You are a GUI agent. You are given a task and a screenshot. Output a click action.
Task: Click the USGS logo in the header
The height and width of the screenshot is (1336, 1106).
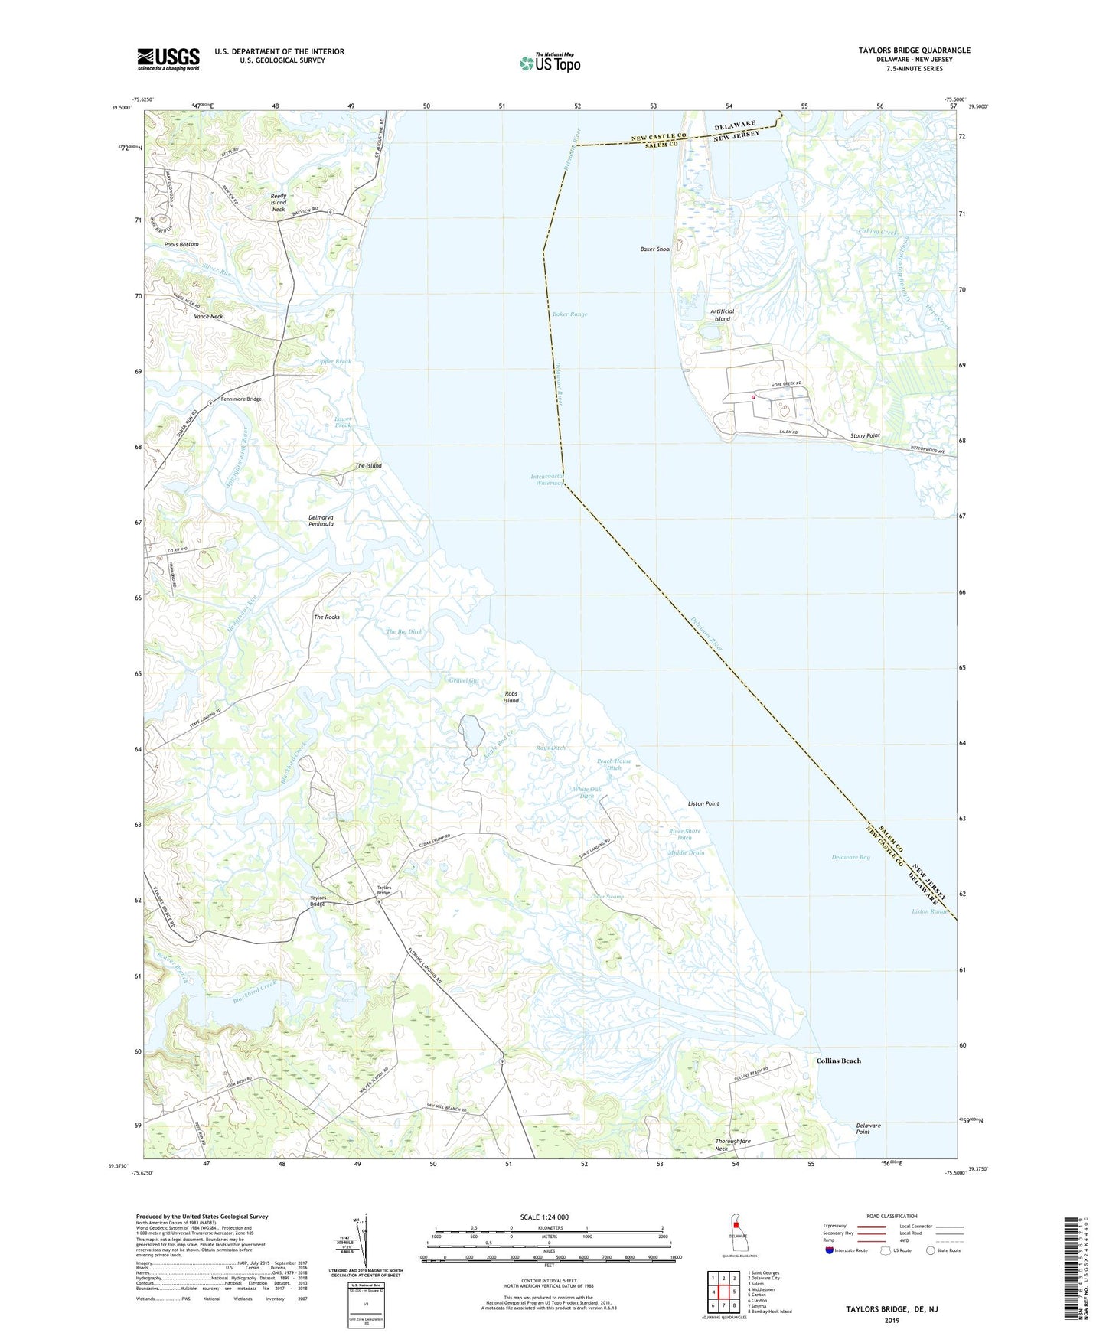tap(168, 59)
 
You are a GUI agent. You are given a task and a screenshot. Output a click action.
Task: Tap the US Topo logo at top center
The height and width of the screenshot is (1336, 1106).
tap(550, 62)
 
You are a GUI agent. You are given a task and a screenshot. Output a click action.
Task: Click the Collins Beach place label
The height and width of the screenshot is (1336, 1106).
tap(838, 1061)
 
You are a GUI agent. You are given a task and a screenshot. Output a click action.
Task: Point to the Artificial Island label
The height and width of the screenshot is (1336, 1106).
tap(722, 315)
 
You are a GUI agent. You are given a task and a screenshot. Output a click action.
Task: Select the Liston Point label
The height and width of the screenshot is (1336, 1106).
tap(703, 803)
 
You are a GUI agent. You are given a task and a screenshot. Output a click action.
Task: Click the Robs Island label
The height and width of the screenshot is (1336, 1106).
tap(511, 697)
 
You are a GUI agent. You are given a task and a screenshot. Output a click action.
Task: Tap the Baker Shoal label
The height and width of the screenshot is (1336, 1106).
tap(655, 249)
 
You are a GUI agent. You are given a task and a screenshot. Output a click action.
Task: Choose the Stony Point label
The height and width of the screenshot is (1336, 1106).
tap(865, 435)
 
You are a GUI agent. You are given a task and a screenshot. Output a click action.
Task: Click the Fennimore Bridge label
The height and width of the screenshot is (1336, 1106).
tap(241, 399)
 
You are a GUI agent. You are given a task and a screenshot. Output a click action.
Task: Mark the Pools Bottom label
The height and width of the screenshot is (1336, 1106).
tap(181, 244)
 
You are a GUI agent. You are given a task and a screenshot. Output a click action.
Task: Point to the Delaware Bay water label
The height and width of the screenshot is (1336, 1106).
tap(850, 857)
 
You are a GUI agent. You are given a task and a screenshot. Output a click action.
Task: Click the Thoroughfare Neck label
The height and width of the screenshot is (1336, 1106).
tap(732, 1145)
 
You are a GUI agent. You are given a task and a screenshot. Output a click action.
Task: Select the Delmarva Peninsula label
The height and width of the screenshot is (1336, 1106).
tap(321, 520)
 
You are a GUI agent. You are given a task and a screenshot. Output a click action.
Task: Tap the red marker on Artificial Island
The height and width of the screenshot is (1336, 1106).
tap(753, 397)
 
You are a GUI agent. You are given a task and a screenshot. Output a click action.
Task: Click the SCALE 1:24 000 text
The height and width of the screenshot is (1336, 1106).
tap(544, 1217)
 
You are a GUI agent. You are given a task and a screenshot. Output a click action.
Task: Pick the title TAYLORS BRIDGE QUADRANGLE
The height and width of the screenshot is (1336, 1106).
tap(914, 51)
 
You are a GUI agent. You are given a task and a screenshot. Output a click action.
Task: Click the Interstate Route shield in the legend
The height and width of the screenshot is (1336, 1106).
tap(830, 1250)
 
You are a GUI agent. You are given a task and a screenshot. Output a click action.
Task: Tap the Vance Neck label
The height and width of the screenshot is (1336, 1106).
tap(208, 317)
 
